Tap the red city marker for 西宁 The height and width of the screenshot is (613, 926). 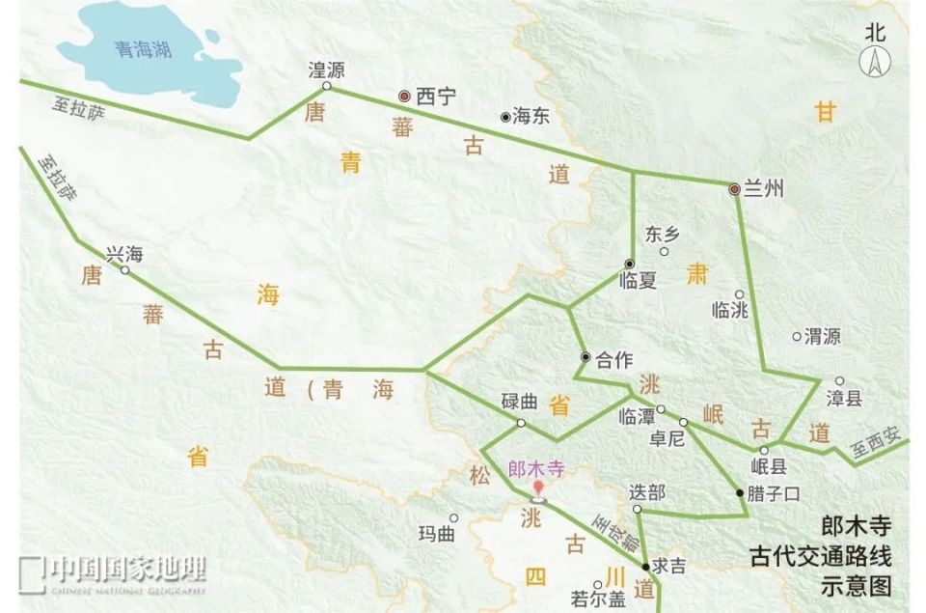(405, 96)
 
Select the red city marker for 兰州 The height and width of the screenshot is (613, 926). (734, 189)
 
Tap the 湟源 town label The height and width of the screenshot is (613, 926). (326, 70)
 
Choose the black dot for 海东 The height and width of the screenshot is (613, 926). (504, 117)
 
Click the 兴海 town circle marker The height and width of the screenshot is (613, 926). (124, 270)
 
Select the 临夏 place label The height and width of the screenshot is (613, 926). (638, 281)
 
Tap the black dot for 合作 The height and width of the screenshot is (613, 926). (585, 358)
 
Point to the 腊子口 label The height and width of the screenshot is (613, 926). (775, 493)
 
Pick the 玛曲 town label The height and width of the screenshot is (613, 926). (435, 534)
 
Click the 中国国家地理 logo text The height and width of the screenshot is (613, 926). (126, 570)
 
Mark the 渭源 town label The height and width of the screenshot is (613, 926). (822, 336)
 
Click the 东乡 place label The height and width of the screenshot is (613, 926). (663, 234)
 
